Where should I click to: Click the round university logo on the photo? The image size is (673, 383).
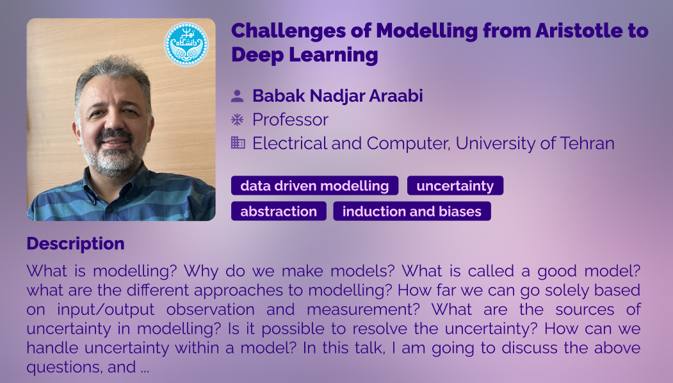[186, 44]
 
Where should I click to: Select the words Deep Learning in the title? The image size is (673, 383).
[305, 55]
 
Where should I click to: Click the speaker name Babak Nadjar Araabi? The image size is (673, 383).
[338, 96]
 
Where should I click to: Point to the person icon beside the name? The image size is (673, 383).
[238, 96]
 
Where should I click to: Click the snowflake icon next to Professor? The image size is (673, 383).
[238, 119]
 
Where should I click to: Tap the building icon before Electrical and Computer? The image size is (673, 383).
[238, 143]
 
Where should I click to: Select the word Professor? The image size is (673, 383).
[291, 120]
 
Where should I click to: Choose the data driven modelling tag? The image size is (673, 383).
[314, 186]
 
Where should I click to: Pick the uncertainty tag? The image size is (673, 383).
[455, 186]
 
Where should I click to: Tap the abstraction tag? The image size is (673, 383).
[279, 211]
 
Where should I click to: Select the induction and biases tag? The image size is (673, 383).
[412, 211]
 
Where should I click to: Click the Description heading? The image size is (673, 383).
[76, 244]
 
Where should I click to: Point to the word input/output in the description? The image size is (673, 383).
[106, 309]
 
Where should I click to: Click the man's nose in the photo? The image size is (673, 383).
[113, 122]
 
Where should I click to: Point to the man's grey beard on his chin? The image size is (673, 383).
[113, 161]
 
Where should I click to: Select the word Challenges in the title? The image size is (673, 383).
[288, 31]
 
